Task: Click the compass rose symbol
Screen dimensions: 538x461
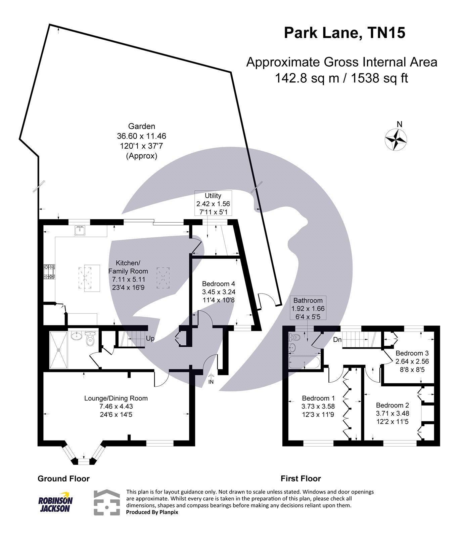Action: tap(396, 139)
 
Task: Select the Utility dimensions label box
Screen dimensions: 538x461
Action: tap(213, 204)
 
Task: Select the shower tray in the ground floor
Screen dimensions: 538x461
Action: tap(59, 350)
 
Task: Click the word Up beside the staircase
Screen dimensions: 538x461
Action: tap(150, 339)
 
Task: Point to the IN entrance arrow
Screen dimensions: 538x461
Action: tap(211, 379)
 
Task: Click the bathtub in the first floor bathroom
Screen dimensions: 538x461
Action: tap(304, 363)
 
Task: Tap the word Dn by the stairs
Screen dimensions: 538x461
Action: tap(337, 340)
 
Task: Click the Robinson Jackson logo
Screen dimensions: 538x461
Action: tap(55, 503)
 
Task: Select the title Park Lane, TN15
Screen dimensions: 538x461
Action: tap(344, 33)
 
